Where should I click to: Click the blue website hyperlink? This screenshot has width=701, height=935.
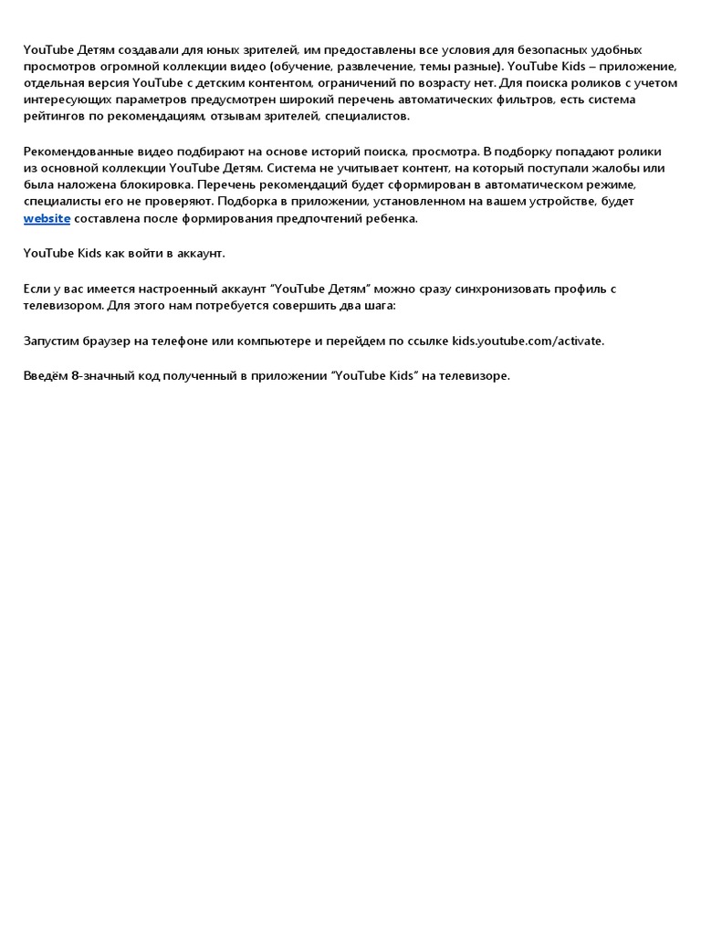point(47,219)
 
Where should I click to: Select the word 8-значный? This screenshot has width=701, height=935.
point(100,375)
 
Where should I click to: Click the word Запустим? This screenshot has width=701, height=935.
point(51,341)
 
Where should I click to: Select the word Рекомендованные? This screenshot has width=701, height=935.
point(76,151)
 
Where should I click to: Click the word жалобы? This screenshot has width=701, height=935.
point(617,168)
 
